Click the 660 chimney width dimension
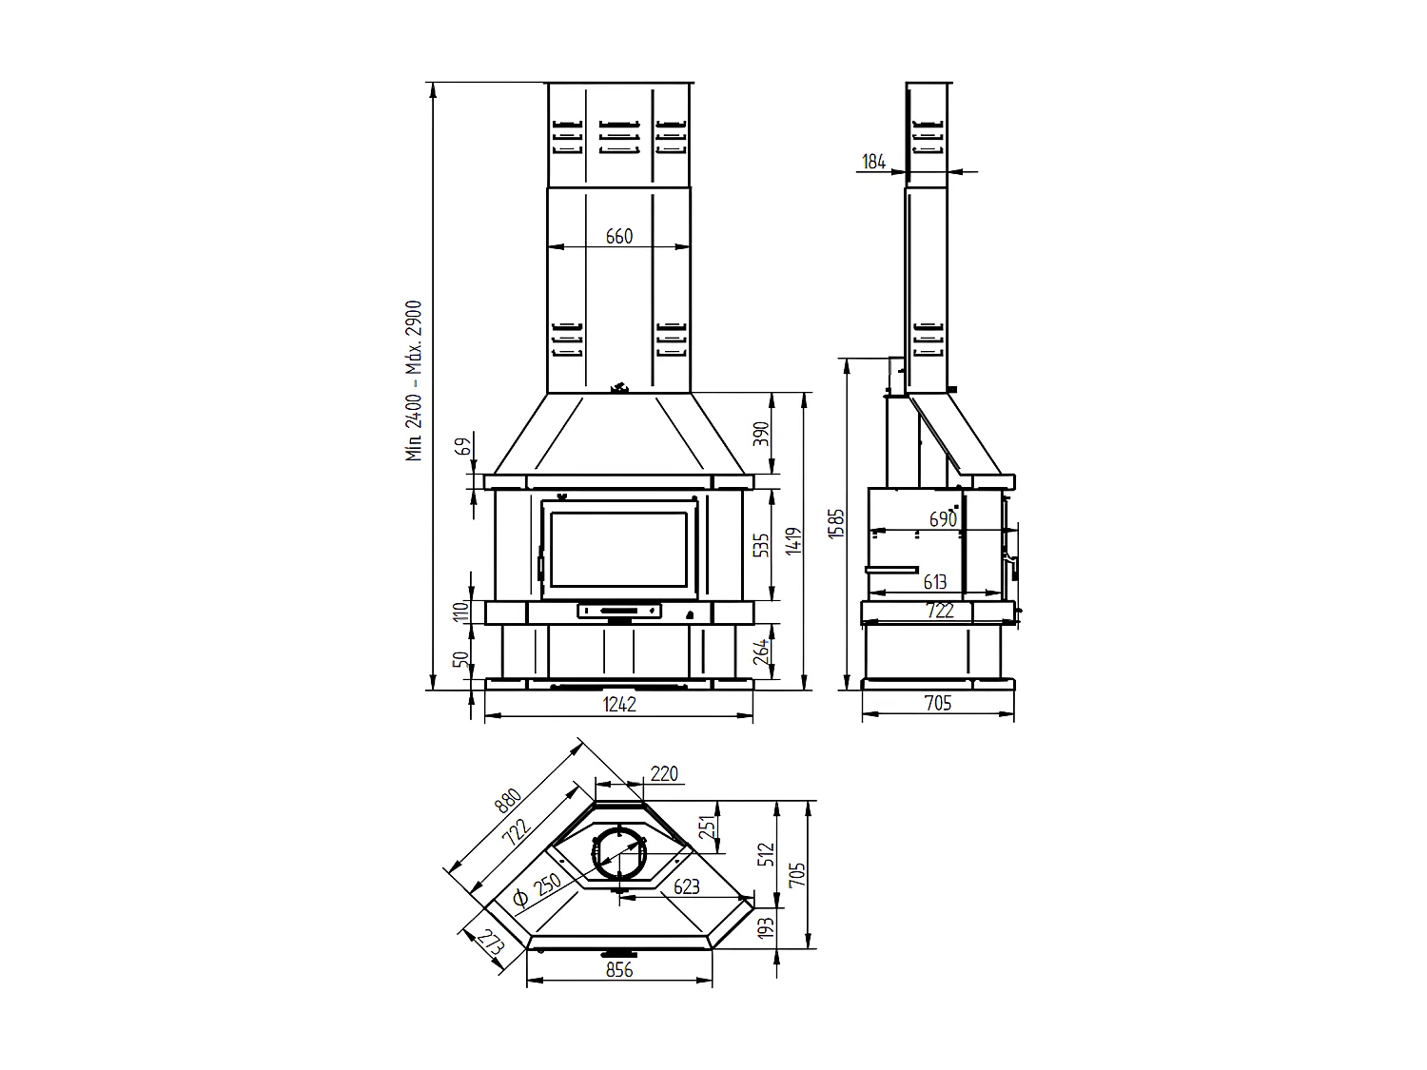click(618, 236)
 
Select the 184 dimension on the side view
click(873, 162)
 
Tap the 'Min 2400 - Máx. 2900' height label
click(415, 380)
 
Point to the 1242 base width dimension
click(619, 704)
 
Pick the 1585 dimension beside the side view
click(836, 524)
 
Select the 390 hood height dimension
click(760, 433)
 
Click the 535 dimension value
click(760, 546)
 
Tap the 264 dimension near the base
click(760, 652)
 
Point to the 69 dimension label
click(463, 447)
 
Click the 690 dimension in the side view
click(942, 519)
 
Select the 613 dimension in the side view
click(935, 582)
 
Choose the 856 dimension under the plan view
click(618, 970)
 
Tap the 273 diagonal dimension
click(490, 944)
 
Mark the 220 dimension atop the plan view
click(664, 774)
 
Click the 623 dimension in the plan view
click(686, 886)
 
